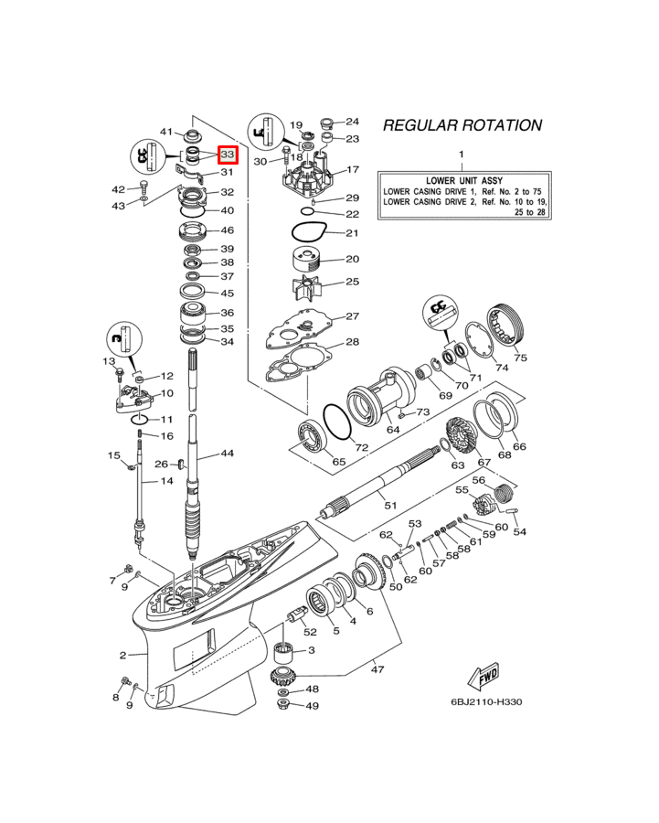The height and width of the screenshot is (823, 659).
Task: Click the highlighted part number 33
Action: pyautogui.click(x=228, y=156)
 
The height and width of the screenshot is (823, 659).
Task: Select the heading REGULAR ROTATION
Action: pyautogui.click(x=462, y=125)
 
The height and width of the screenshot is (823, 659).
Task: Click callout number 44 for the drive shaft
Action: pyautogui.click(x=227, y=454)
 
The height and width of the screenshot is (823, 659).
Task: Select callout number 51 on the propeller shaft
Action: pyautogui.click(x=390, y=505)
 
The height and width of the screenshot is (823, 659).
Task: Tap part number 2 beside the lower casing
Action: pyautogui.click(x=122, y=655)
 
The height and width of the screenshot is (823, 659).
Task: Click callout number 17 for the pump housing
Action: pyautogui.click(x=352, y=170)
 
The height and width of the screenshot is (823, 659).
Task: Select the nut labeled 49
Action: pyautogui.click(x=285, y=706)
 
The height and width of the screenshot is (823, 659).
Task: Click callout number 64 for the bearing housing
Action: pyautogui.click(x=393, y=430)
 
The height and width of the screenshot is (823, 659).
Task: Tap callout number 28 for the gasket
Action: pyautogui.click(x=352, y=343)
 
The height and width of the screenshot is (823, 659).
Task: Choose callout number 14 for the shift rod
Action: pyautogui.click(x=167, y=480)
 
